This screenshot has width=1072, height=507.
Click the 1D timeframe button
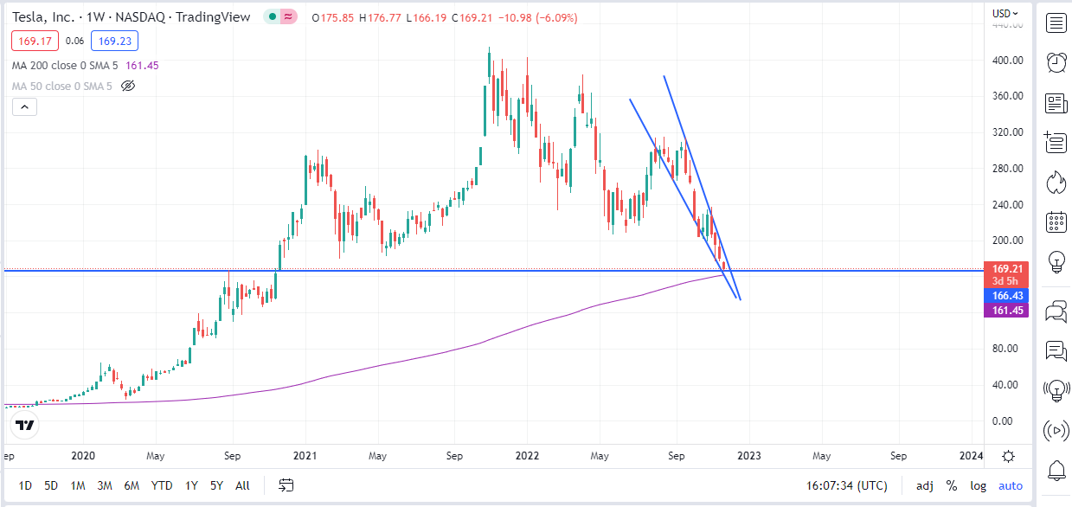point(26,485)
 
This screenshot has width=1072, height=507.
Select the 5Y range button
point(216,485)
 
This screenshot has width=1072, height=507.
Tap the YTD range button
point(162,485)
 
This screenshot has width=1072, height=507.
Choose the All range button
point(242,485)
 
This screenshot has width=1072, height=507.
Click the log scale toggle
point(978,485)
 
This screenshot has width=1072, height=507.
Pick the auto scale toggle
point(1011,485)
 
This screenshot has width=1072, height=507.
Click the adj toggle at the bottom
point(925,485)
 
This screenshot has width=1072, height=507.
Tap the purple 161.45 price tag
point(1007,310)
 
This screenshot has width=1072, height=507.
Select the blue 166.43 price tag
point(1007,296)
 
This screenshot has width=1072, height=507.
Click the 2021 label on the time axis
point(305,455)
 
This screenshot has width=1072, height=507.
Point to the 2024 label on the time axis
point(972,455)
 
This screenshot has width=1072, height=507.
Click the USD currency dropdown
point(1005,13)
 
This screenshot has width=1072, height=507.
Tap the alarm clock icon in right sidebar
point(1056,62)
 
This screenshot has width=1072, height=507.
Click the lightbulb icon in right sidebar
point(1056,260)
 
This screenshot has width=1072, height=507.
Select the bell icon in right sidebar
point(1056,470)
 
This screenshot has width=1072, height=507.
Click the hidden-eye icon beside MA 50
point(128,86)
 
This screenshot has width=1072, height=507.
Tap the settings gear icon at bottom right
point(1008,456)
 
